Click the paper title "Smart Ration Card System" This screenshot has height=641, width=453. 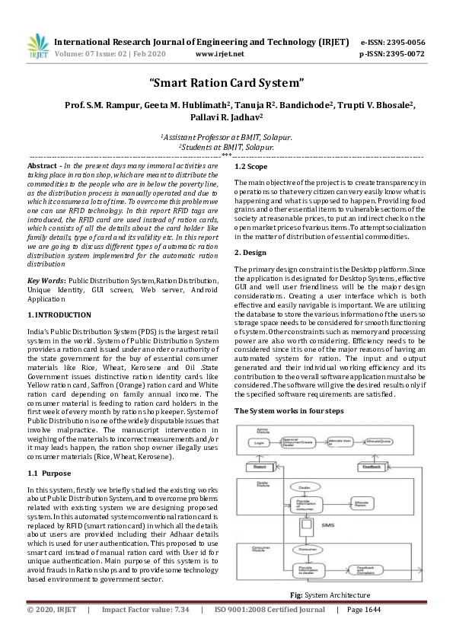(x=226, y=81)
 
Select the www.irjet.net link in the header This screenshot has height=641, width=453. (x=219, y=55)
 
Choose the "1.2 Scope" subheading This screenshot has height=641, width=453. (x=251, y=166)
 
